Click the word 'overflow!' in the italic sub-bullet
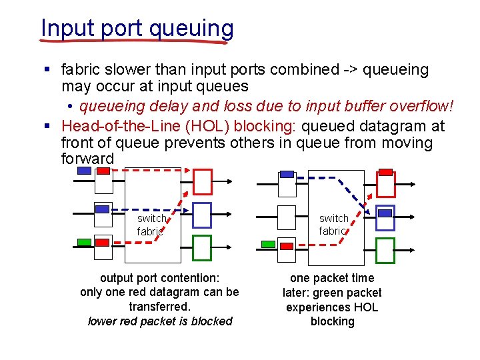pos(423,106)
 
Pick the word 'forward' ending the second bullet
pos(88,159)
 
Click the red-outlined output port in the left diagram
pos(202,181)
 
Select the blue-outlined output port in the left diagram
pos(201,215)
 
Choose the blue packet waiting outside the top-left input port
pos(85,170)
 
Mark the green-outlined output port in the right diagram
pos(385,250)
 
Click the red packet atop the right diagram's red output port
pos(385,172)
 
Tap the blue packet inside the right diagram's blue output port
pos(385,213)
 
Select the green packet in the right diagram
pos(267,245)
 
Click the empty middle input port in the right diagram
pos(287,216)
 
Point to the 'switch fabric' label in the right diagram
pos(333,225)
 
